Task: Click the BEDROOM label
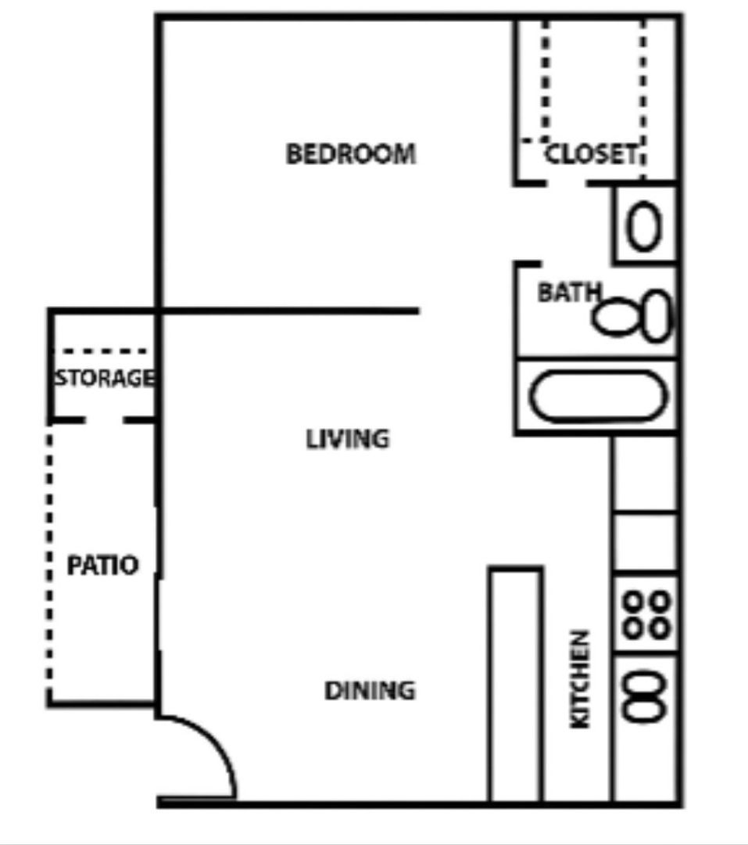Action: click(x=350, y=153)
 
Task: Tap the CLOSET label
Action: click(x=591, y=154)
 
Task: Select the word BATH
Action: click(x=569, y=293)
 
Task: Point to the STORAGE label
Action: click(x=104, y=379)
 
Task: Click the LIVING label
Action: click(x=347, y=439)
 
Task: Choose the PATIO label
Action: click(x=102, y=565)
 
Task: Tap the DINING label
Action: click(x=370, y=691)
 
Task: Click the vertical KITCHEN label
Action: click(x=580, y=679)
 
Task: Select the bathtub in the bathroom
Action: click(x=596, y=397)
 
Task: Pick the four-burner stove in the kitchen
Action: click(x=646, y=614)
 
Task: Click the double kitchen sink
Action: click(x=646, y=697)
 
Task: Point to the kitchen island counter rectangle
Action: click(x=516, y=685)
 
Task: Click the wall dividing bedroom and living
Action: click(x=289, y=311)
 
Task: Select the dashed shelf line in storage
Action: click(x=104, y=352)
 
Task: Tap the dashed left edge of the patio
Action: click(x=50, y=563)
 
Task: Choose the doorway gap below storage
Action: click(x=104, y=420)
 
